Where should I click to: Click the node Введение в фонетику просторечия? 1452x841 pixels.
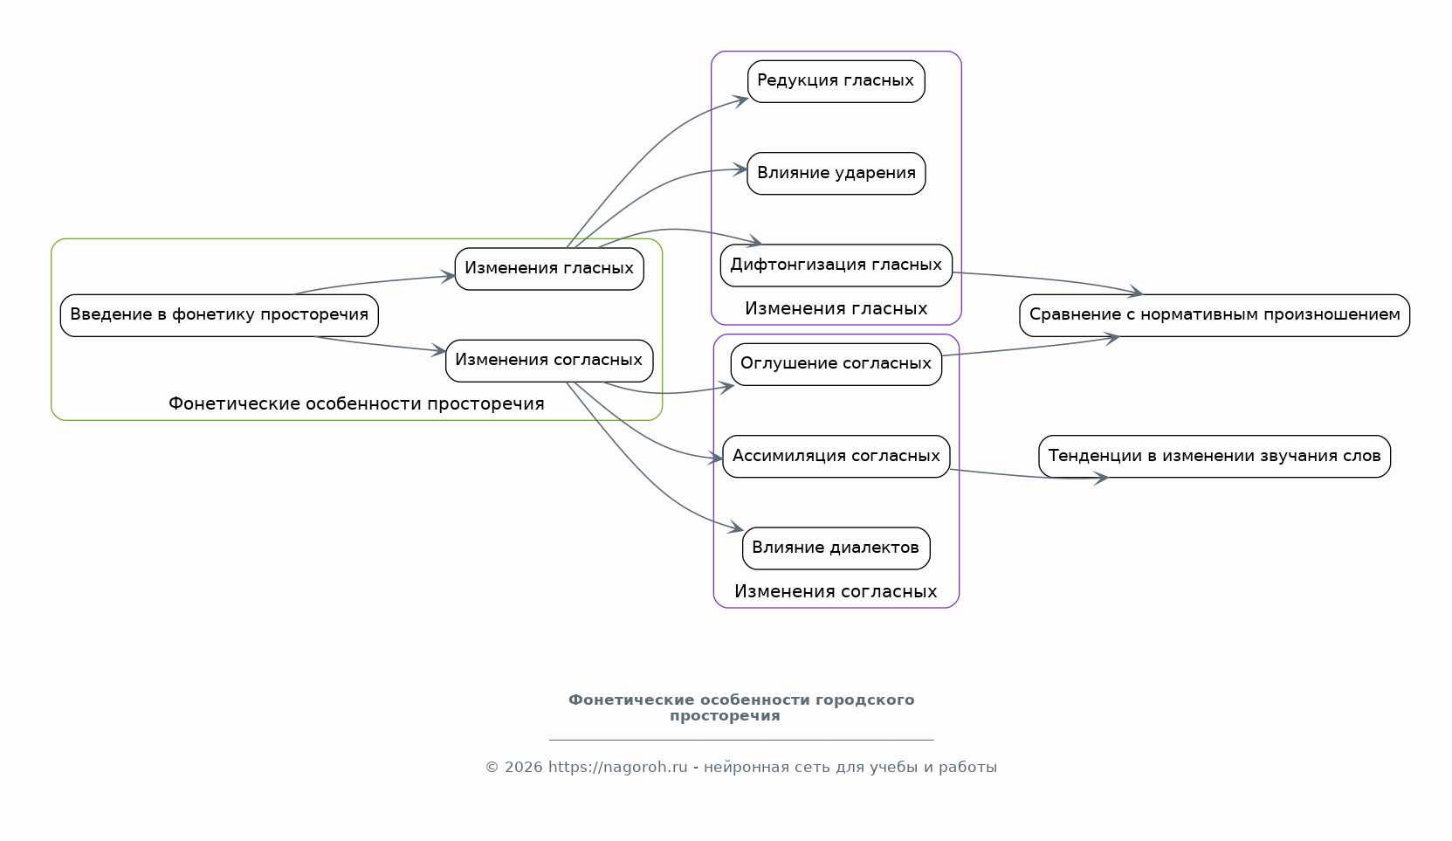coord(219,315)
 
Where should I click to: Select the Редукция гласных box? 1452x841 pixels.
coord(836,81)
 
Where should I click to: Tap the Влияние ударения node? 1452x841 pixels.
coord(836,174)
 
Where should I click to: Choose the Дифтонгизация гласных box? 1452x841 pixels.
coord(836,265)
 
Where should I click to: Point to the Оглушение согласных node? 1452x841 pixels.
coord(836,364)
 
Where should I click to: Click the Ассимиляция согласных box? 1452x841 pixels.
coord(836,457)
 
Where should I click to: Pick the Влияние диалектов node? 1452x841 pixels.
coord(836,548)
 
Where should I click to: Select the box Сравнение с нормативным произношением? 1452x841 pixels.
coord(1214,315)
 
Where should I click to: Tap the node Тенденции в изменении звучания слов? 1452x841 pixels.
coord(1214,457)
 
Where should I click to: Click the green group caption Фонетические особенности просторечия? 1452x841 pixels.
coord(356,404)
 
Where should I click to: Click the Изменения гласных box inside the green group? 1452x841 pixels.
coord(549,269)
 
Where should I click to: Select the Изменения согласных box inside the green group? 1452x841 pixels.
coord(549,361)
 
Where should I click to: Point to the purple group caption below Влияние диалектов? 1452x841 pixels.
coord(836,592)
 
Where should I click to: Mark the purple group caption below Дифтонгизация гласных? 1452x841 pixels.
coord(836,309)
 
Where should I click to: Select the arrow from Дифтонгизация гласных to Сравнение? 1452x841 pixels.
coord(1048,280)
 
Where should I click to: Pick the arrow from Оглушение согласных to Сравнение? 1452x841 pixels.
coord(1030,348)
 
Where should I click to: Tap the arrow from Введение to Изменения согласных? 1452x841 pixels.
coord(380,344)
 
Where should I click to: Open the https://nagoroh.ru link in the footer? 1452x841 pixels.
coord(617,768)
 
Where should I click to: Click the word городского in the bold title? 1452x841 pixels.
coord(864,700)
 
